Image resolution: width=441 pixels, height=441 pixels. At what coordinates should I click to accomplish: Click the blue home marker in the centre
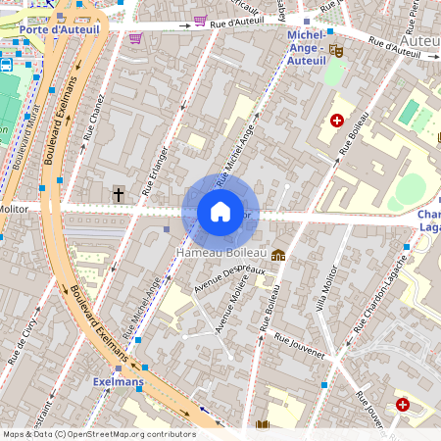[220, 211]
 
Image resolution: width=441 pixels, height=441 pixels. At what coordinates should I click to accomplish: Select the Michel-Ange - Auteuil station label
[313, 48]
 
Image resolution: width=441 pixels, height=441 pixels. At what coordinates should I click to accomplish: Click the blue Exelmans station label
[119, 380]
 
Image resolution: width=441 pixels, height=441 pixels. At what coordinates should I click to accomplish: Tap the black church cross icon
[119, 195]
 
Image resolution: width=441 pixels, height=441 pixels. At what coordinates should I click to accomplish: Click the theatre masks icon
[336, 50]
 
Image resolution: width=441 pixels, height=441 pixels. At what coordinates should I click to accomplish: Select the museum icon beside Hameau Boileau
[278, 255]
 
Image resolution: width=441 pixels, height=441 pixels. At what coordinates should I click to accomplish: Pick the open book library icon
[263, 425]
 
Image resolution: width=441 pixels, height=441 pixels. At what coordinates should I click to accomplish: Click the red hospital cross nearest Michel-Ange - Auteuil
[337, 121]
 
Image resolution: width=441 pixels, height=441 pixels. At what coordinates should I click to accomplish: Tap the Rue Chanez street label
[96, 124]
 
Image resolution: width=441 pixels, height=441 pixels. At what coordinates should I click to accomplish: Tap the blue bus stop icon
[7, 65]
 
